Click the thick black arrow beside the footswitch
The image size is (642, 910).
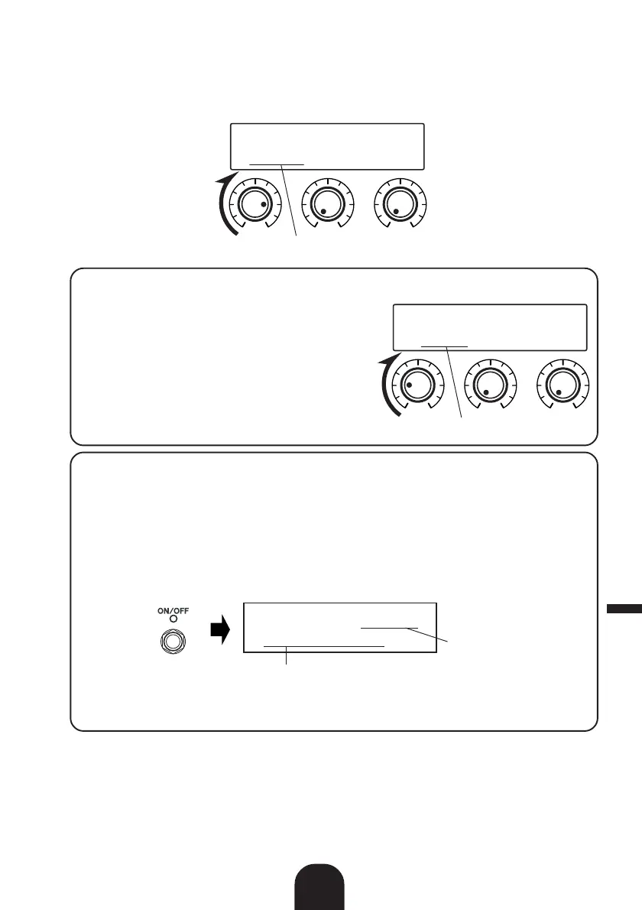pos(219,632)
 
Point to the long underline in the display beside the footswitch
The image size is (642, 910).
pos(323,646)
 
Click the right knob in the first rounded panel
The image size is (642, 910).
pos(562,385)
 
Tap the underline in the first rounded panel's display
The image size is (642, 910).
pos(444,346)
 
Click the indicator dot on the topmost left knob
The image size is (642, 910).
pos(263,206)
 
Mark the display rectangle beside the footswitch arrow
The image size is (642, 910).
pos(339,627)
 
